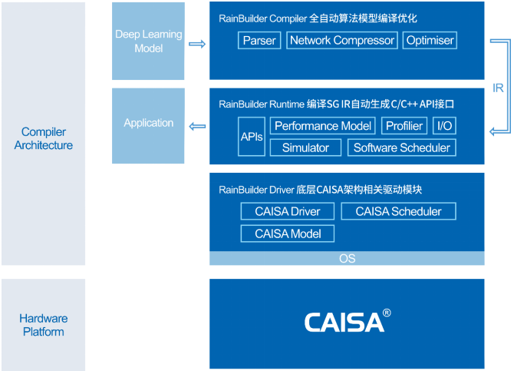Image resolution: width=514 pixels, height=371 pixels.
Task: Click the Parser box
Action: [x=259, y=41]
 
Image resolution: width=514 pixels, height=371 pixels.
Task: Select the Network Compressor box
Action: [x=342, y=41]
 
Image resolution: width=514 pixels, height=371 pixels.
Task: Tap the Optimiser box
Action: [x=430, y=41]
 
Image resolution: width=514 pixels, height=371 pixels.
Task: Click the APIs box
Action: [x=252, y=136]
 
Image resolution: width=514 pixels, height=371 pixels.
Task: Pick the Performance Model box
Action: [x=322, y=126]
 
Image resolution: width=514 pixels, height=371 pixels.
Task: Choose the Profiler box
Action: [x=404, y=126]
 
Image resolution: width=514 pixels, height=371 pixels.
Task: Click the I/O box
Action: [x=444, y=126]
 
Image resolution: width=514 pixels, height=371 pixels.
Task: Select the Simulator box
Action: [x=305, y=147]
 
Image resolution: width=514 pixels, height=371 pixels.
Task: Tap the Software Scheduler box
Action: [x=401, y=147]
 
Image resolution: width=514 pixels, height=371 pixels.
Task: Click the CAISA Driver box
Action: [x=288, y=211]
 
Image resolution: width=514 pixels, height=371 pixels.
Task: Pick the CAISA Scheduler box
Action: [x=398, y=211]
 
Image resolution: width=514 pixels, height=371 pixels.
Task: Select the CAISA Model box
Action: [x=288, y=234]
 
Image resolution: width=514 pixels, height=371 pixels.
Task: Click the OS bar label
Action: [x=348, y=258]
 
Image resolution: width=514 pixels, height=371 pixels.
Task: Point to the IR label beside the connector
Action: [x=498, y=88]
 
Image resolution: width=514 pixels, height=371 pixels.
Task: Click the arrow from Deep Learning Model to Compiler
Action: [x=197, y=44]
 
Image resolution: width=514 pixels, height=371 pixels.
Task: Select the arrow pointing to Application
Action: [x=197, y=127]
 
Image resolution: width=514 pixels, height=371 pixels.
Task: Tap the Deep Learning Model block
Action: [x=148, y=41]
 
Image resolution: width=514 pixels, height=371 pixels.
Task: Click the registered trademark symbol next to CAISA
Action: [x=387, y=313]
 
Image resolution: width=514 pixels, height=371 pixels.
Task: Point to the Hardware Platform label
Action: [x=44, y=325]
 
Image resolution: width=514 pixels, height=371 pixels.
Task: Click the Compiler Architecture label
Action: [x=44, y=138]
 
